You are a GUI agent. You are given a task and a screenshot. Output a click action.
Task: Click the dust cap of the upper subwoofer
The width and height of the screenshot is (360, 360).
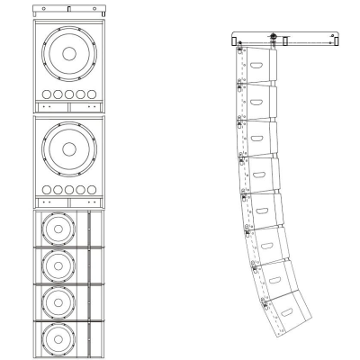68,52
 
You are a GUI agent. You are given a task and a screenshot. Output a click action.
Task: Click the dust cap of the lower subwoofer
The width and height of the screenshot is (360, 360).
68,149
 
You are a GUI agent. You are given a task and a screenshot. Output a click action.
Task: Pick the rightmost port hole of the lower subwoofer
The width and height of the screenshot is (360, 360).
91,190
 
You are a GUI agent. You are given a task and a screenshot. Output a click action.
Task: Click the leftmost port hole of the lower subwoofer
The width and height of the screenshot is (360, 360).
46,190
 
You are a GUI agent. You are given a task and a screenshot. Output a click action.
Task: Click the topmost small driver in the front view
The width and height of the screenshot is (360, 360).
58,230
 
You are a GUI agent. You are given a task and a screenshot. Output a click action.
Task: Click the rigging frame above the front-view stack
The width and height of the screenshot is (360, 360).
68,10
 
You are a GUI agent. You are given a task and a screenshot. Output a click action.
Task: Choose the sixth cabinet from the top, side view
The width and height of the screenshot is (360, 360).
265,243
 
